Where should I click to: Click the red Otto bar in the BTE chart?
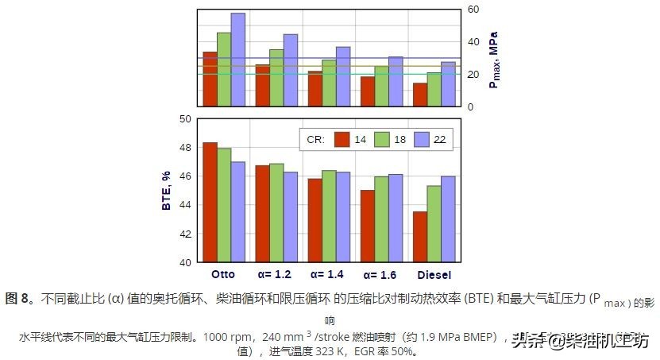click(x=210, y=203)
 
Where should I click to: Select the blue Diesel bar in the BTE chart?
click(x=448, y=219)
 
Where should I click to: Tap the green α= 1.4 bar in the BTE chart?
click(x=329, y=216)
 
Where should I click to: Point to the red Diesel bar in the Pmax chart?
click(x=419, y=95)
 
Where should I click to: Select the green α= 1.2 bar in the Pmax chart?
click(x=276, y=78)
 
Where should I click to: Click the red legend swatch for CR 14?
click(x=342, y=139)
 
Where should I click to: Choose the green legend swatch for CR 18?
click(x=383, y=139)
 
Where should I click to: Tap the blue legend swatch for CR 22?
click(x=422, y=139)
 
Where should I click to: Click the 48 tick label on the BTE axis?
click(x=185, y=148)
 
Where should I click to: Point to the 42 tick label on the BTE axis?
click(x=185, y=234)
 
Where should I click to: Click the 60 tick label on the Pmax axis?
click(x=473, y=10)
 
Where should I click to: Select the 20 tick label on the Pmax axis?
click(x=473, y=74)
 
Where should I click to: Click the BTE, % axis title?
click(x=167, y=191)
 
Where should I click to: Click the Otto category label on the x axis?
click(x=225, y=275)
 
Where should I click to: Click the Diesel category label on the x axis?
click(x=434, y=275)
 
